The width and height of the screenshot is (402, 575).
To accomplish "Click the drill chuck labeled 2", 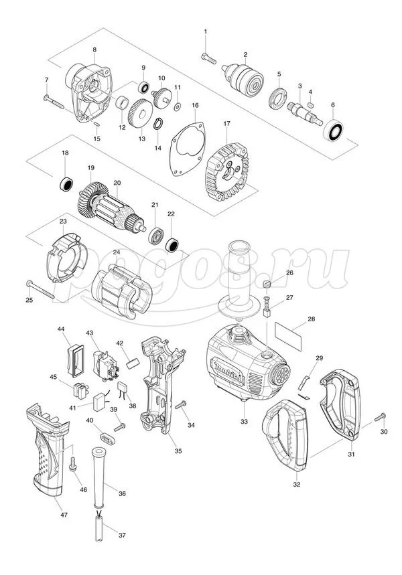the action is point(244,78).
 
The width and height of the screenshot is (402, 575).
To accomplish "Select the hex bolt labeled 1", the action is point(208,59).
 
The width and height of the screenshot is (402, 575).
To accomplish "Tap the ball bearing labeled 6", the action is point(334,130).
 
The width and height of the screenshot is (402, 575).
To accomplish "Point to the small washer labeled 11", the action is point(178,106).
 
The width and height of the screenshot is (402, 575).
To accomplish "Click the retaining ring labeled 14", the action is point(158,124).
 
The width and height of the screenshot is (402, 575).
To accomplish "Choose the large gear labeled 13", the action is point(141,114).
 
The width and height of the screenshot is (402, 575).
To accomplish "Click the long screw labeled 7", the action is point(54,102).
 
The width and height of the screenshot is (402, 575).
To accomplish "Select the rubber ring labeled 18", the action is point(66,183).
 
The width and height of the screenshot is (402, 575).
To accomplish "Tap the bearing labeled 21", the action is point(155,236).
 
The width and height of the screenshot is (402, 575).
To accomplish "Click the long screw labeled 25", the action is point(40,289).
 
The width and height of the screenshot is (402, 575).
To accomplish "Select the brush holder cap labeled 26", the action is point(267,283).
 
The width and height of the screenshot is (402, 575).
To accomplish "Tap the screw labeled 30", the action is point(380,417).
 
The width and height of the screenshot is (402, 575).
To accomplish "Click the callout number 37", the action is point(122,535).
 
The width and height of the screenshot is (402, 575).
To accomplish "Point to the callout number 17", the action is point(227,124).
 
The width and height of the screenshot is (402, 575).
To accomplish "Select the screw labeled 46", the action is point(72,465).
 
